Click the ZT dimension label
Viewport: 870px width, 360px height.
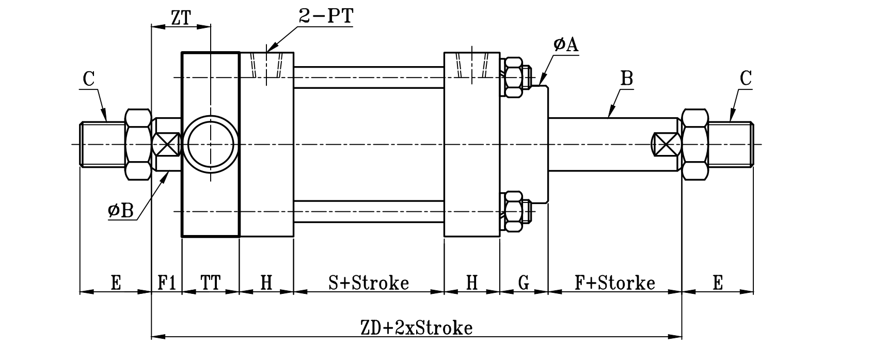180,19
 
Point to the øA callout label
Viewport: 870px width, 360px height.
565,45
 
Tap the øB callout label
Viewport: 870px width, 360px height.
121,211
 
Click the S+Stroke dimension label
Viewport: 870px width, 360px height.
369,283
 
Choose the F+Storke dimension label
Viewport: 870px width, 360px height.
615,283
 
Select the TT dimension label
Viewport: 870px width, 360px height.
211,283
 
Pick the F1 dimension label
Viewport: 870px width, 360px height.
166,283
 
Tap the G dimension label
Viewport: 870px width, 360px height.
524,283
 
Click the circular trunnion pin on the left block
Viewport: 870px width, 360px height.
211,144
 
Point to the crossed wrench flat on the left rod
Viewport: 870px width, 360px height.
166,144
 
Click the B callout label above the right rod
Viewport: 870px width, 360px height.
626,79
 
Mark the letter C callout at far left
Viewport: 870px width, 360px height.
88,79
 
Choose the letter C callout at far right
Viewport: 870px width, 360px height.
746,79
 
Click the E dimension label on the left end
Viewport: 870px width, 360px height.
116,283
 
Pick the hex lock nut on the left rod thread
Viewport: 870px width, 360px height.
138,144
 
